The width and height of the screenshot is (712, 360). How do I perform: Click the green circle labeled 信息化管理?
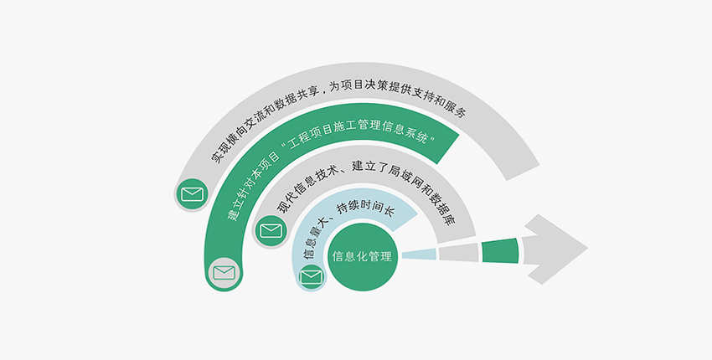click(x=362, y=256)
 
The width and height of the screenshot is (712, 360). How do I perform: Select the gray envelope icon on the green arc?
click(x=224, y=273)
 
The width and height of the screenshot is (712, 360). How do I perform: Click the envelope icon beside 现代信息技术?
click(x=271, y=229)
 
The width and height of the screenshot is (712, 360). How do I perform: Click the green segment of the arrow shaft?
click(x=500, y=249)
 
